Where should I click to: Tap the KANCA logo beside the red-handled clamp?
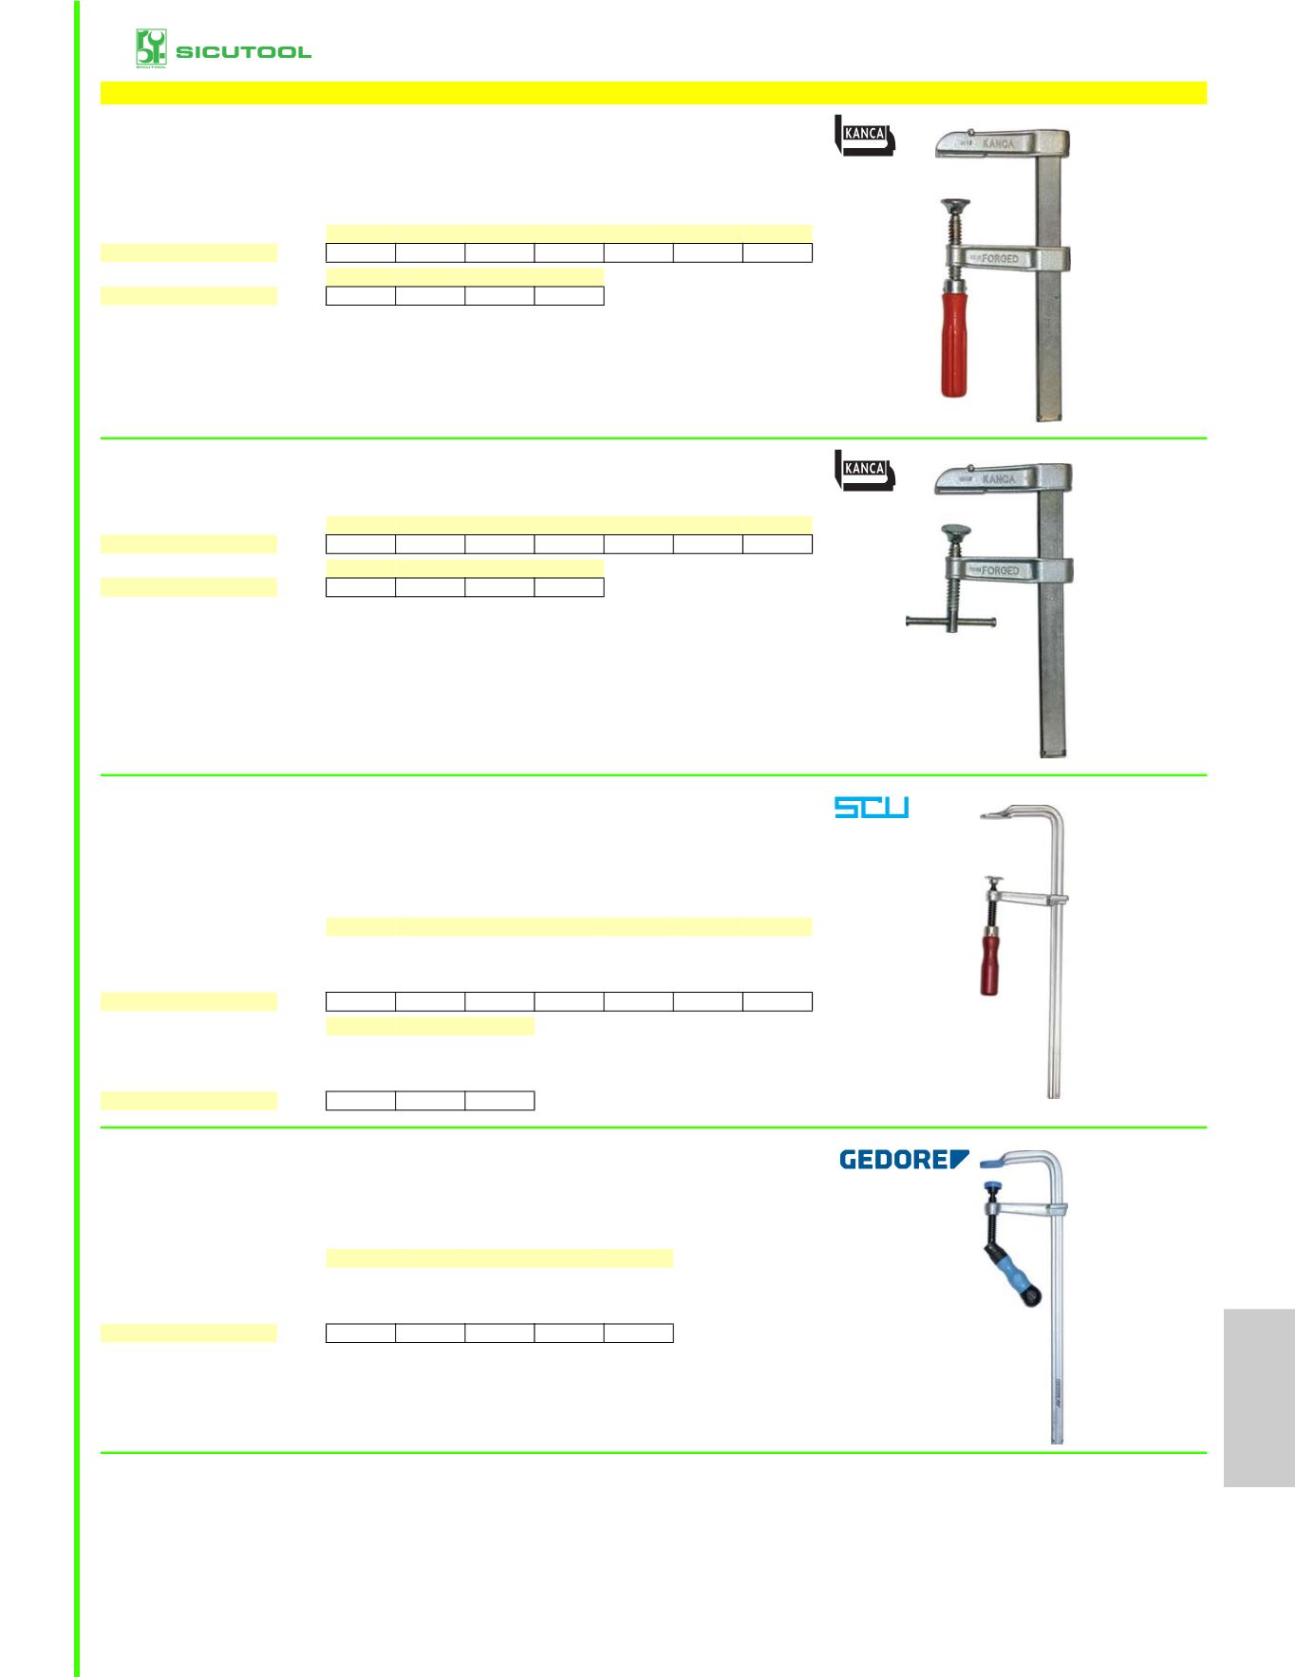tap(864, 135)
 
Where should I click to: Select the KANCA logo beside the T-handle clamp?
tap(864, 470)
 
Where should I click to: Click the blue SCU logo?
tap(872, 808)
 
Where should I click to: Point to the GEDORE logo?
tap(905, 1159)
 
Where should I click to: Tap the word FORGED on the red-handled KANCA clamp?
tap(1000, 258)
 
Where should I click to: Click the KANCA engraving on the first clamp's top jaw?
tap(998, 143)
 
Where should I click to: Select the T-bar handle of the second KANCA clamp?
tap(950, 623)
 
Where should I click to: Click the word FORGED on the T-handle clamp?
tap(1000, 570)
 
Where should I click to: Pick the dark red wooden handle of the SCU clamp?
tap(991, 962)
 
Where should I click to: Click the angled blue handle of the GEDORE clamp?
tap(1012, 1270)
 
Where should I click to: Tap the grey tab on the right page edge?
tap(1259, 1397)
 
